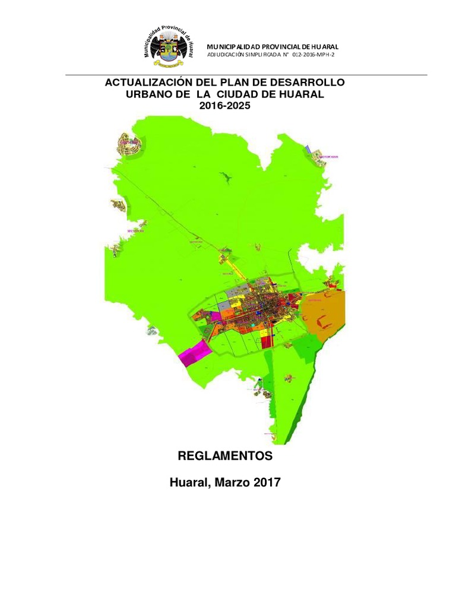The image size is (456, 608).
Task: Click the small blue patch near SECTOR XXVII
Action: click(x=307, y=148)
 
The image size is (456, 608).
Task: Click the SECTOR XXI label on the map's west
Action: click(x=135, y=231)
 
